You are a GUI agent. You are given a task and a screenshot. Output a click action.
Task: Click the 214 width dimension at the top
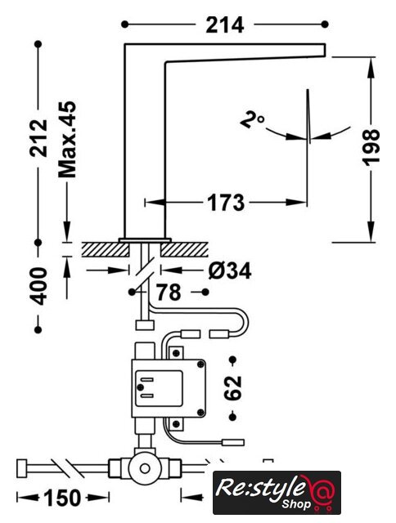pyautogui.click(x=225, y=25)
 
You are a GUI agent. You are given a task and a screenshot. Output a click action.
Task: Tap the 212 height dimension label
pyautogui.click(x=38, y=138)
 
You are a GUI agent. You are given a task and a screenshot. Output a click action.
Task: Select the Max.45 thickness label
pyautogui.click(x=67, y=139)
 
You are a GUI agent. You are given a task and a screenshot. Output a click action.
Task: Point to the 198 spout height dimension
pyautogui.click(x=371, y=147)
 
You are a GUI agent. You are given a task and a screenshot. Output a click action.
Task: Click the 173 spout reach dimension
pyautogui.click(x=226, y=203)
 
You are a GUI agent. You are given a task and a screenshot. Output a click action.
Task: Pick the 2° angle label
pyautogui.click(x=252, y=120)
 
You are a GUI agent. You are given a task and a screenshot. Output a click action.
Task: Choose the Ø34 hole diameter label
pyautogui.click(x=230, y=270)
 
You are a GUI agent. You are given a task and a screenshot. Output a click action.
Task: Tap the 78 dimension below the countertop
pyautogui.click(x=169, y=293)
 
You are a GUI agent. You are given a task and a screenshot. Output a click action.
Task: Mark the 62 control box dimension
pyautogui.click(x=233, y=388)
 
